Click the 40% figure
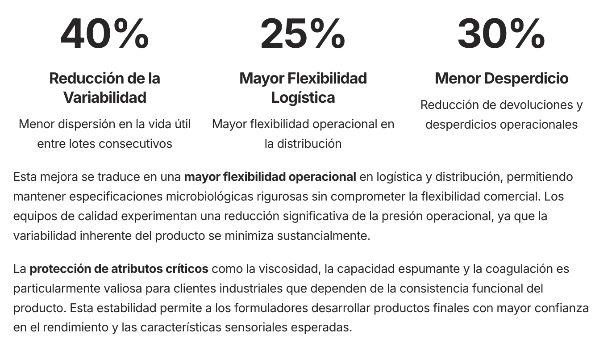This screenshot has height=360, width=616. point(104,34)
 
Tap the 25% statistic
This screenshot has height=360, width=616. point(303,34)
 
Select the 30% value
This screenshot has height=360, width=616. point(501,34)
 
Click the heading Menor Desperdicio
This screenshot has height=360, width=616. point(501,78)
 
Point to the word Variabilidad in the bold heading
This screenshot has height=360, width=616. point(104,97)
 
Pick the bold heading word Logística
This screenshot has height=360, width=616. point(303,97)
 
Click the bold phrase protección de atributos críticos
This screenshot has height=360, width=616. point(119,269)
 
